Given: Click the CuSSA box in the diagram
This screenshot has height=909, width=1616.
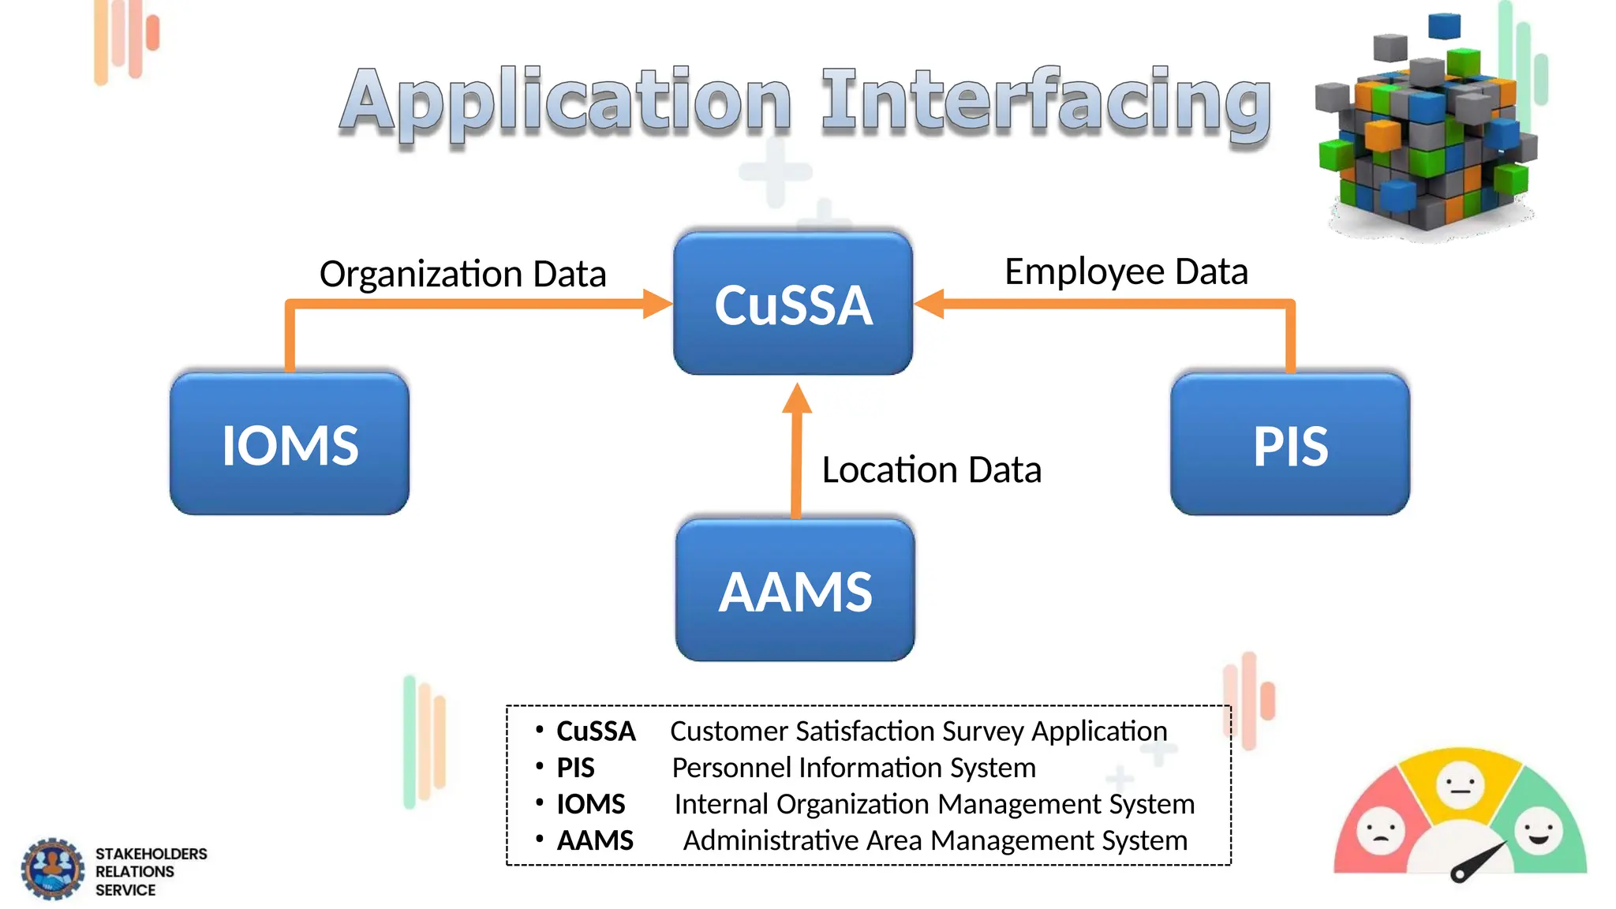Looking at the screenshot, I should pyautogui.click(x=793, y=304).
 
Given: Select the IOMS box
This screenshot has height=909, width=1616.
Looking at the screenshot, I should pyautogui.click(x=290, y=444).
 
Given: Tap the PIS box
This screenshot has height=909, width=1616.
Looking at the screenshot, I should pyautogui.click(x=1290, y=444).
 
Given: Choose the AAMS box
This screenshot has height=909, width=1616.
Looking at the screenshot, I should pyautogui.click(x=795, y=590).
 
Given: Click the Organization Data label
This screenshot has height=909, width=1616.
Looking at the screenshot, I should pyautogui.click(x=462, y=274).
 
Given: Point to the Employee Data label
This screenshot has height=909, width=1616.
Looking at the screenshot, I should pyautogui.click(x=1126, y=271).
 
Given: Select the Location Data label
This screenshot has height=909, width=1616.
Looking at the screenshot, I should pyautogui.click(x=931, y=469).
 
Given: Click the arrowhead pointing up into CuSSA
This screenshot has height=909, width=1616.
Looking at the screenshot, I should pyautogui.click(x=797, y=399).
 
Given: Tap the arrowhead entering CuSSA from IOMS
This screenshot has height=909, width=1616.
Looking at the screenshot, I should pyautogui.click(x=656, y=304).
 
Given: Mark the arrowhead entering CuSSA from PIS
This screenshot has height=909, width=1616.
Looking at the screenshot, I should pyautogui.click(x=930, y=304).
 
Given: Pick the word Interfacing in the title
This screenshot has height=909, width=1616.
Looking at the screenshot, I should pyautogui.click(x=1046, y=102).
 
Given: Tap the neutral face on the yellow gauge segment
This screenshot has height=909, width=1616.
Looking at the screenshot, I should pyautogui.click(x=1460, y=784).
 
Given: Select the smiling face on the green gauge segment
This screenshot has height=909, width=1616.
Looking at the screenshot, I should pyautogui.click(x=1538, y=830).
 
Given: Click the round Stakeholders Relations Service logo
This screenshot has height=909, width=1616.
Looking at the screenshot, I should pyautogui.click(x=52, y=869).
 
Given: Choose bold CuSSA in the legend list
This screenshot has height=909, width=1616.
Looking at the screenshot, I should pyautogui.click(x=596, y=731).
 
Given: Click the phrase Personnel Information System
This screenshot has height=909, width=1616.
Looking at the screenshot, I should pyautogui.click(x=853, y=768).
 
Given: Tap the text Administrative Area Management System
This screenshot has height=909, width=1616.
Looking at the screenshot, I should pyautogui.click(x=935, y=840).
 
